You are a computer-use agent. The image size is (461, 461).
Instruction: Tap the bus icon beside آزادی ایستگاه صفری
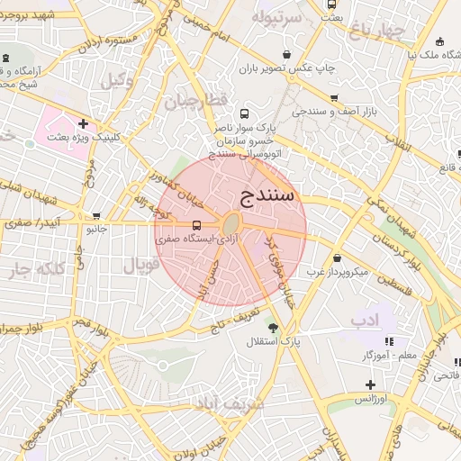(x=197, y=225)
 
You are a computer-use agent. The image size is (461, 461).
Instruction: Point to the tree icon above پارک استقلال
(x=274, y=327)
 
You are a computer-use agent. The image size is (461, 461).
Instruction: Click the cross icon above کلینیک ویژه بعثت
(x=84, y=124)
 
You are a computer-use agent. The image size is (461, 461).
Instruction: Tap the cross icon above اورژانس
(x=370, y=384)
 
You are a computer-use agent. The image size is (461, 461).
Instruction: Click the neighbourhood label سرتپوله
(x=276, y=17)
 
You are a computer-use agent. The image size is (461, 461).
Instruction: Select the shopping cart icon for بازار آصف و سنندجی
(x=335, y=98)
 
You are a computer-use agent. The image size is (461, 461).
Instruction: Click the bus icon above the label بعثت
(x=331, y=5)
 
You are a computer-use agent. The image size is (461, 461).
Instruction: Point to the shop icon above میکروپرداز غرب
(x=337, y=258)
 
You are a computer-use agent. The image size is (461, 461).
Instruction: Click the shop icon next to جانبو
(x=96, y=216)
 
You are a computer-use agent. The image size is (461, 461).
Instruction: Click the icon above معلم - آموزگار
(x=389, y=341)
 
